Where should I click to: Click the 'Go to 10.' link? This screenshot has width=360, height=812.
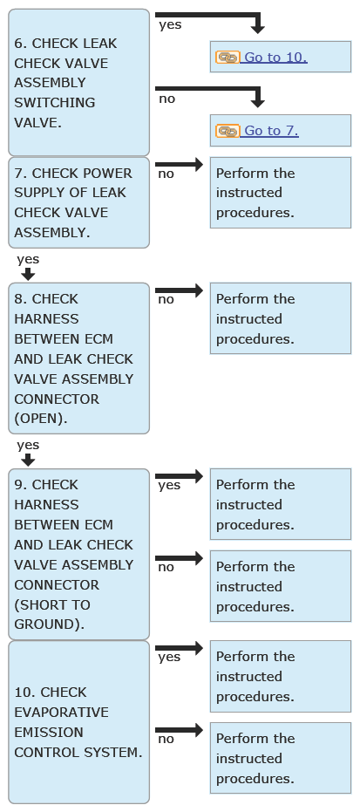pyautogui.click(x=275, y=57)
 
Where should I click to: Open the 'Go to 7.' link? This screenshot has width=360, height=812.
pyautogui.click(x=271, y=131)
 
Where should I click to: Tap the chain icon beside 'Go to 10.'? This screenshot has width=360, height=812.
pyautogui.click(x=228, y=57)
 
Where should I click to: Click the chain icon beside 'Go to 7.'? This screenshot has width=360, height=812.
pyautogui.click(x=228, y=131)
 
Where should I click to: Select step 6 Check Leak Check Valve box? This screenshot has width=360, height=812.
pyautogui.click(x=78, y=82)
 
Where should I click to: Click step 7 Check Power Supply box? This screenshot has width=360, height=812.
pyautogui.click(x=78, y=202)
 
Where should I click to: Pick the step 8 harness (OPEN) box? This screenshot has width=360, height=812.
pyautogui.click(x=78, y=358)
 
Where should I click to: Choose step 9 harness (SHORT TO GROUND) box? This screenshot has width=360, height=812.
pyautogui.click(x=78, y=554)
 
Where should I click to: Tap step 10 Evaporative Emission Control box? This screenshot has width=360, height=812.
pyautogui.click(x=78, y=722)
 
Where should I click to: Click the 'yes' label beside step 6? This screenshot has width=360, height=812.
pyautogui.click(x=170, y=24)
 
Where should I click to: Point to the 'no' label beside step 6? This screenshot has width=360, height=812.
pyautogui.click(x=166, y=99)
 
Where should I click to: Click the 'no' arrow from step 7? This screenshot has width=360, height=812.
pyautogui.click(x=179, y=165)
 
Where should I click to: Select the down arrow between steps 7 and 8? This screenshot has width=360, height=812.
pyautogui.click(x=28, y=274)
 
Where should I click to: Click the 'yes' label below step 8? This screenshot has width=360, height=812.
pyautogui.click(x=28, y=445)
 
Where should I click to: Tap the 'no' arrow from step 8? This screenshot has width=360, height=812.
pyautogui.click(x=179, y=290)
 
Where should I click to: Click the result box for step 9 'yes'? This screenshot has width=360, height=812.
pyautogui.click(x=281, y=504)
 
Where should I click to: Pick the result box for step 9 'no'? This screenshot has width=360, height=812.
pyautogui.click(x=281, y=586)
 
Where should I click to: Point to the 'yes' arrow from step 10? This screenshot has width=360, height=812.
pyautogui.click(x=179, y=648)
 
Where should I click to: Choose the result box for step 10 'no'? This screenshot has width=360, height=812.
pyautogui.click(x=281, y=758)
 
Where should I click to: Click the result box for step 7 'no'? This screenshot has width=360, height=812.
pyautogui.click(x=281, y=193)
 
